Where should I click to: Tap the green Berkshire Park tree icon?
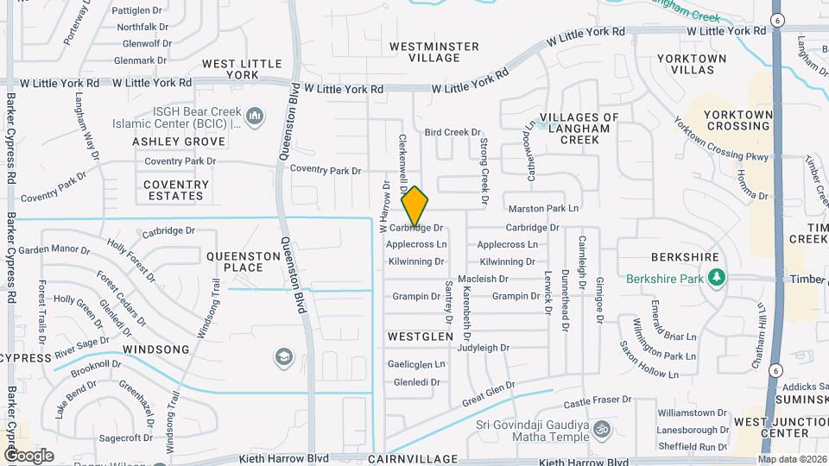(x=715, y=278)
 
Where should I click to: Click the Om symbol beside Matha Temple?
(x=603, y=426)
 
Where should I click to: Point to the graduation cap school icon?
(x=282, y=356)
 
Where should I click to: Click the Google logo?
(x=29, y=456)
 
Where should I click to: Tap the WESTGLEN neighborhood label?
(x=420, y=336)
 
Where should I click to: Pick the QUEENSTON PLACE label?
(x=235, y=261)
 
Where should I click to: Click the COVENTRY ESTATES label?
(x=176, y=190)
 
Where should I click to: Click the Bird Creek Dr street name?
(x=452, y=132)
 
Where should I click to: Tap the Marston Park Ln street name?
(x=543, y=209)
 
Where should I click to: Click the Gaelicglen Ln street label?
(x=416, y=364)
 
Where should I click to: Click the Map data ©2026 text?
(x=793, y=458)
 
